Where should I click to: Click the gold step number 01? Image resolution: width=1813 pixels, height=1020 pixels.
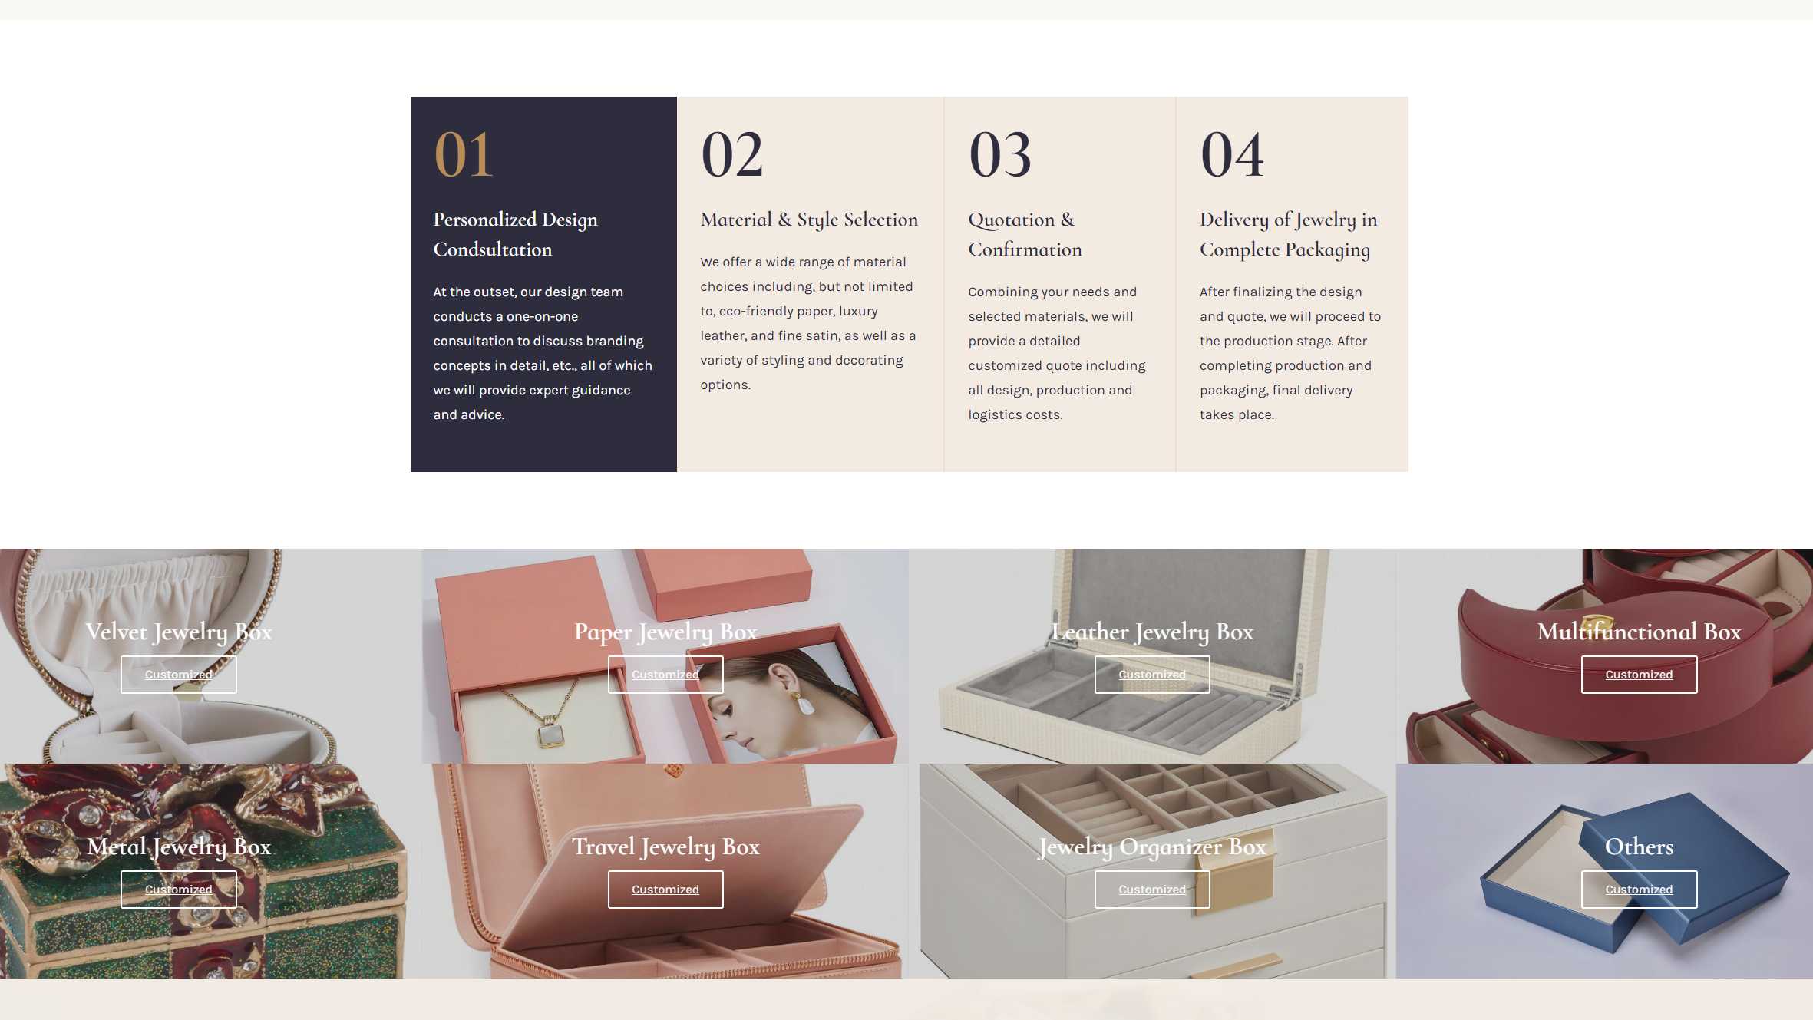[x=464, y=154]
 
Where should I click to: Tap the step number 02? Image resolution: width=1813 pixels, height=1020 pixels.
[x=732, y=154]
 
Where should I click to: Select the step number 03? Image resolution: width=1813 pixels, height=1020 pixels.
[x=1000, y=154]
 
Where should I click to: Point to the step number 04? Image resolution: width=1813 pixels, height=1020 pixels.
[x=1232, y=154]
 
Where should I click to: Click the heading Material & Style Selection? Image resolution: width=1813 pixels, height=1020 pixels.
[x=809, y=220]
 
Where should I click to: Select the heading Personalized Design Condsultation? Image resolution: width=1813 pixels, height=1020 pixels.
[x=515, y=234]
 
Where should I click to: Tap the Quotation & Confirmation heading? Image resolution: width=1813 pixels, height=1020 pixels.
[x=1025, y=234]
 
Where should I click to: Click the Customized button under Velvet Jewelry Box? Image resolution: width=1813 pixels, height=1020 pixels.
[x=179, y=675]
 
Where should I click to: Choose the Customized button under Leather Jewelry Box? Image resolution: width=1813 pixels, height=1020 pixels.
[x=1152, y=675]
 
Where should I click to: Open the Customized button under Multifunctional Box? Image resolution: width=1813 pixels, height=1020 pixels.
[x=1639, y=675]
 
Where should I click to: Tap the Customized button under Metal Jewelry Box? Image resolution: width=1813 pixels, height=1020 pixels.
[x=179, y=890]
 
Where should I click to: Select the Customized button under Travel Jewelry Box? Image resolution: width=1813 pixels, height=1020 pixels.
[x=665, y=890]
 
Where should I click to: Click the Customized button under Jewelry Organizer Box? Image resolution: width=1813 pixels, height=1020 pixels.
[x=1152, y=890]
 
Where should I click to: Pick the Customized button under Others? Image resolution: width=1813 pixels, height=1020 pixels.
[x=1639, y=890]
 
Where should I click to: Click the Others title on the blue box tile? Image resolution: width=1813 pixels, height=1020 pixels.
[x=1639, y=847]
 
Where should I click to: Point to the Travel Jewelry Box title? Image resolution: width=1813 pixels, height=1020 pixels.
[x=665, y=847]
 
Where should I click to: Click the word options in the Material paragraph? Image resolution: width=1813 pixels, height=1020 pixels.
[x=725, y=385]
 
